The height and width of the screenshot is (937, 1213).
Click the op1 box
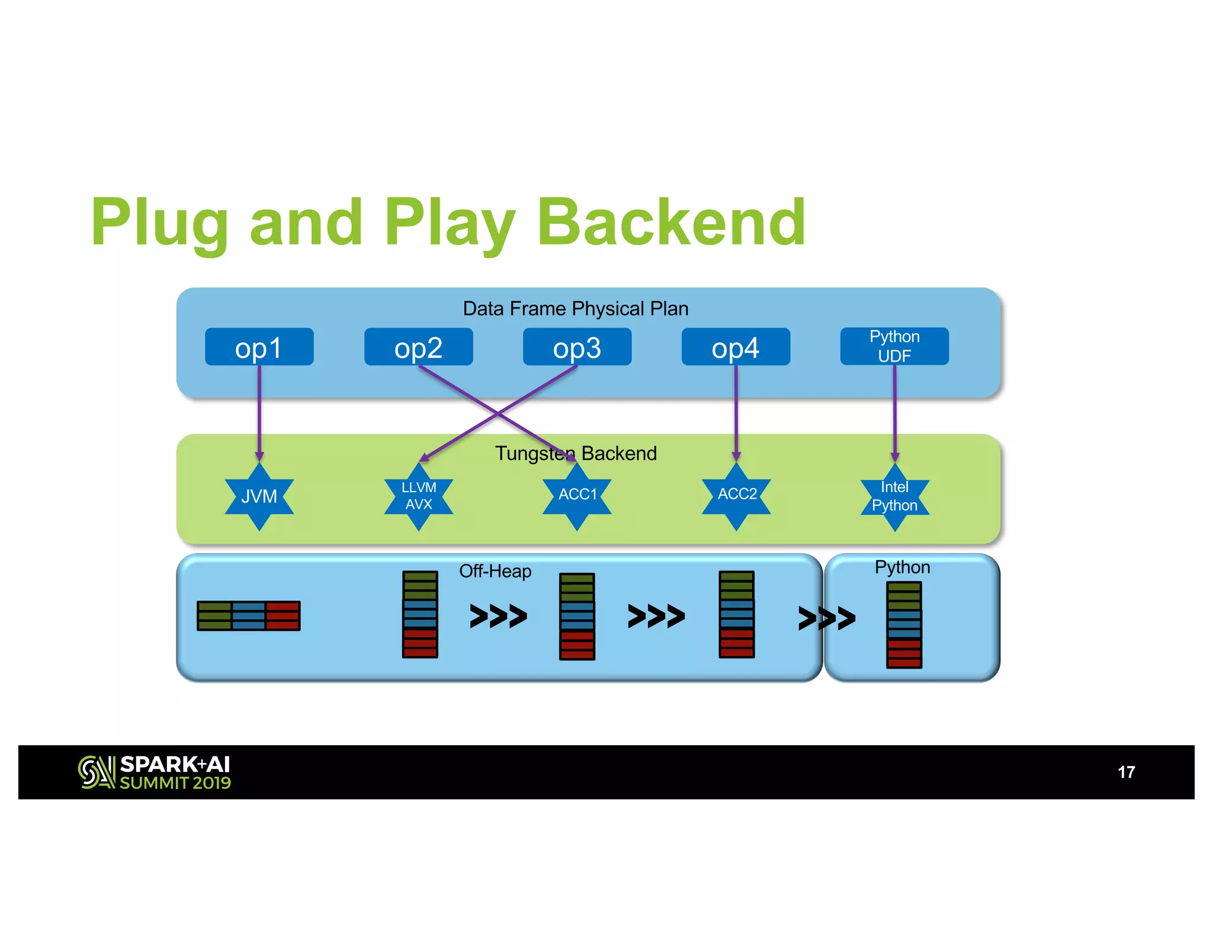[x=259, y=347]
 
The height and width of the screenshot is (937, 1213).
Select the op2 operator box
[x=418, y=347]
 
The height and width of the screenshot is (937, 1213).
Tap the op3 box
[x=577, y=347]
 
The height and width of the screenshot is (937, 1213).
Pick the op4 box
[x=736, y=347]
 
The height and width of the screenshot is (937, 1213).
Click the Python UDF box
[x=894, y=346]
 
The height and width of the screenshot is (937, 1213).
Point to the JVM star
[x=259, y=496]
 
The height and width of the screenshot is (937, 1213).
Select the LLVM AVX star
[x=419, y=496]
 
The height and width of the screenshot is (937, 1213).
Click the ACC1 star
[x=577, y=495]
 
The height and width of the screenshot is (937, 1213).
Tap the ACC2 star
[x=737, y=495]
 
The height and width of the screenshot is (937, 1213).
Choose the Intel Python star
[x=895, y=497]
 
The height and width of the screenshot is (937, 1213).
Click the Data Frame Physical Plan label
[x=575, y=309]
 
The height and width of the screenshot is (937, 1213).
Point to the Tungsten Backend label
[x=576, y=453]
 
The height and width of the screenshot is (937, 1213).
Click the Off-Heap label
[x=495, y=571]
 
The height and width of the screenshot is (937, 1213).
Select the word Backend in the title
[x=670, y=222]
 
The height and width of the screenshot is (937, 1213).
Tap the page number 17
[x=1126, y=772]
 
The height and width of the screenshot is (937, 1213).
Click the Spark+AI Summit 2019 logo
[x=155, y=772]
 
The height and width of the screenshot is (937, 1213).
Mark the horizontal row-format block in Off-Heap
[x=249, y=616]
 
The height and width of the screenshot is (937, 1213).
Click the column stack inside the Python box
[x=904, y=625]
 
